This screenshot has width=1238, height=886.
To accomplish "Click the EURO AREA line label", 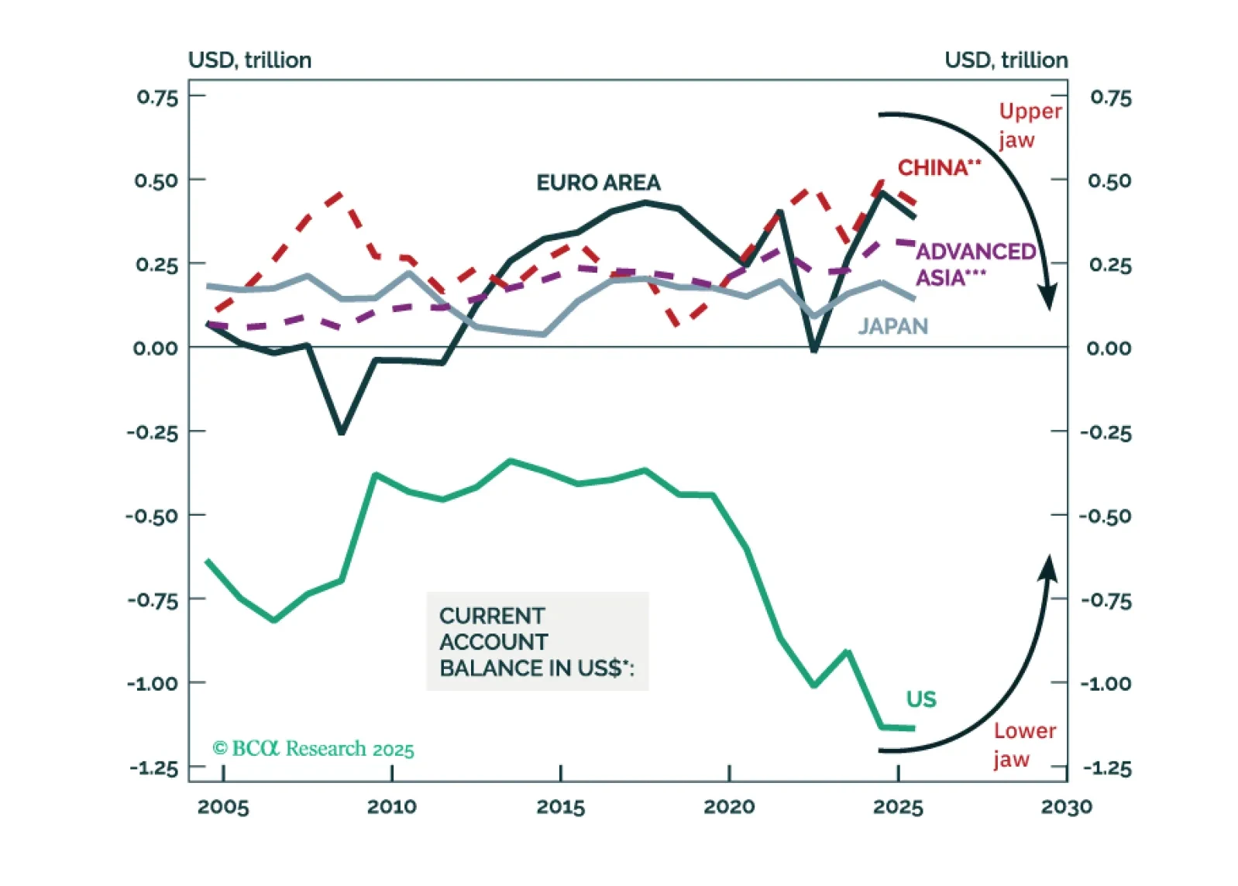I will tap(598, 183).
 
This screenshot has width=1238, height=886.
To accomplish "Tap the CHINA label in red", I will tap(938, 167).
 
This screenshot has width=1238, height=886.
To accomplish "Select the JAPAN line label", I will tap(892, 326).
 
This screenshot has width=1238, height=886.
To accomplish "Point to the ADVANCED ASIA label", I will tap(975, 264).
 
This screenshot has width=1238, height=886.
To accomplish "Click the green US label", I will tap(921, 699).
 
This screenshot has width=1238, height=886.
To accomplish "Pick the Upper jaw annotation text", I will tap(1029, 125).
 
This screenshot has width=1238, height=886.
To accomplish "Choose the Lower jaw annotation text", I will tap(1024, 744).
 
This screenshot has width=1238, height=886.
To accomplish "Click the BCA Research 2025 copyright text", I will tap(313, 748).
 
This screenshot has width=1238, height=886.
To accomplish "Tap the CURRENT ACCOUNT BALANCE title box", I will tap(537, 641).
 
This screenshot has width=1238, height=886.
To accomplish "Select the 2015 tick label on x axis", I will tap(560, 807).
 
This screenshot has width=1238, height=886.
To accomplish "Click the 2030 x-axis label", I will tap(1066, 807).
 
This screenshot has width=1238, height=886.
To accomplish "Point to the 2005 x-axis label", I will tap(223, 807).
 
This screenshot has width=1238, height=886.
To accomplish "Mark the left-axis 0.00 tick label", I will tap(155, 349).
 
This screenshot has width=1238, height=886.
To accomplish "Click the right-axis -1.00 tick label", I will tap(1106, 684).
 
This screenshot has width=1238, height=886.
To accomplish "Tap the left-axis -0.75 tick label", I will tap(153, 600).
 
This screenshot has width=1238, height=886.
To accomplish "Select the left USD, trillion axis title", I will tap(249, 60).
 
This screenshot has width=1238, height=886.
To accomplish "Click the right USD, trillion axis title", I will tap(1006, 60).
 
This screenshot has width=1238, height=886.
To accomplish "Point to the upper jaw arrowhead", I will tap(1048, 297).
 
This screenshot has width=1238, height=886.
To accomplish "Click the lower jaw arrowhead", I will tap(1048, 567).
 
